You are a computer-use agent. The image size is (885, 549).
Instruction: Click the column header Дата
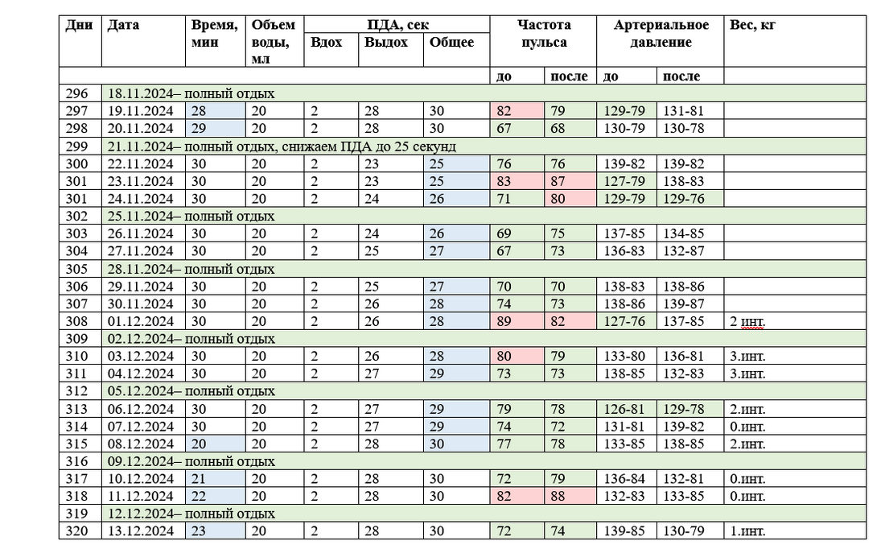pos(123,25)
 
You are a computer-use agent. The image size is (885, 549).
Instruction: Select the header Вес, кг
pos(752,25)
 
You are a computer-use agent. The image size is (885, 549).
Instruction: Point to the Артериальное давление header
pos(661,34)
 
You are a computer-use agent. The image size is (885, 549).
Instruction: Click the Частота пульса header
pos(543,34)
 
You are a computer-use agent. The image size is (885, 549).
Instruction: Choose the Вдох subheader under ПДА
pos(326,43)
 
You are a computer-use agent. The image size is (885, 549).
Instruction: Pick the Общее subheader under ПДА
pos(451,43)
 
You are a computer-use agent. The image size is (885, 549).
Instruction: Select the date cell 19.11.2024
pos(140,111)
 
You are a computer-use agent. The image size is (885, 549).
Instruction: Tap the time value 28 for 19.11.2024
pos(199,111)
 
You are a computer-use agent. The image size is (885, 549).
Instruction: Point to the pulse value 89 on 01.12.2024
pos(504,321)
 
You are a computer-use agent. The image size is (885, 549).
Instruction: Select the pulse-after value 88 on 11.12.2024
pos(559,496)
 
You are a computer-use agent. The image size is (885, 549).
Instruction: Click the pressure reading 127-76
pos(624,321)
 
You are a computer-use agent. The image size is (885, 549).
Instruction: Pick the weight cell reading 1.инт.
pos(748,531)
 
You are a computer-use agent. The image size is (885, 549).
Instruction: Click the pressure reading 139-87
pos(684,303)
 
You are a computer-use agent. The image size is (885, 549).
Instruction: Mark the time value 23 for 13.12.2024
pos(199,531)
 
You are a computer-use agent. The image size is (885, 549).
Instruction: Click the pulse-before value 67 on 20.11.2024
pos(504,129)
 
